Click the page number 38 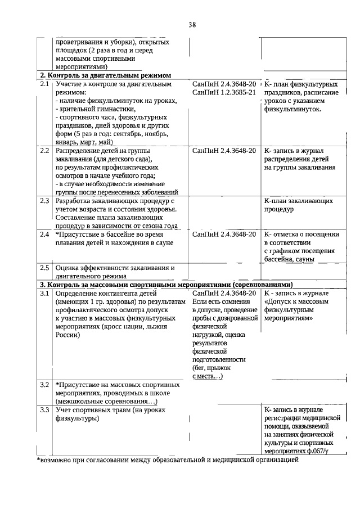tap(192, 25)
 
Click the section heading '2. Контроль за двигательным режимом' tap(105, 75)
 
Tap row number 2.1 tap(44, 84)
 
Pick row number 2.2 tap(44, 151)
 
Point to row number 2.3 tap(44, 201)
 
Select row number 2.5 tap(44, 268)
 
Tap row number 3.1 tap(44, 293)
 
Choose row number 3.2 tap(44, 385)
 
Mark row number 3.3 tap(44, 410)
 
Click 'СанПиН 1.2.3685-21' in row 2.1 tap(224, 92)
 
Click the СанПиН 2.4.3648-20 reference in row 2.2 tap(224, 151)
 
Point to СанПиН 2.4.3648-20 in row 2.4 tap(224, 234)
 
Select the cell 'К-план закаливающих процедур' tap(298, 205)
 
